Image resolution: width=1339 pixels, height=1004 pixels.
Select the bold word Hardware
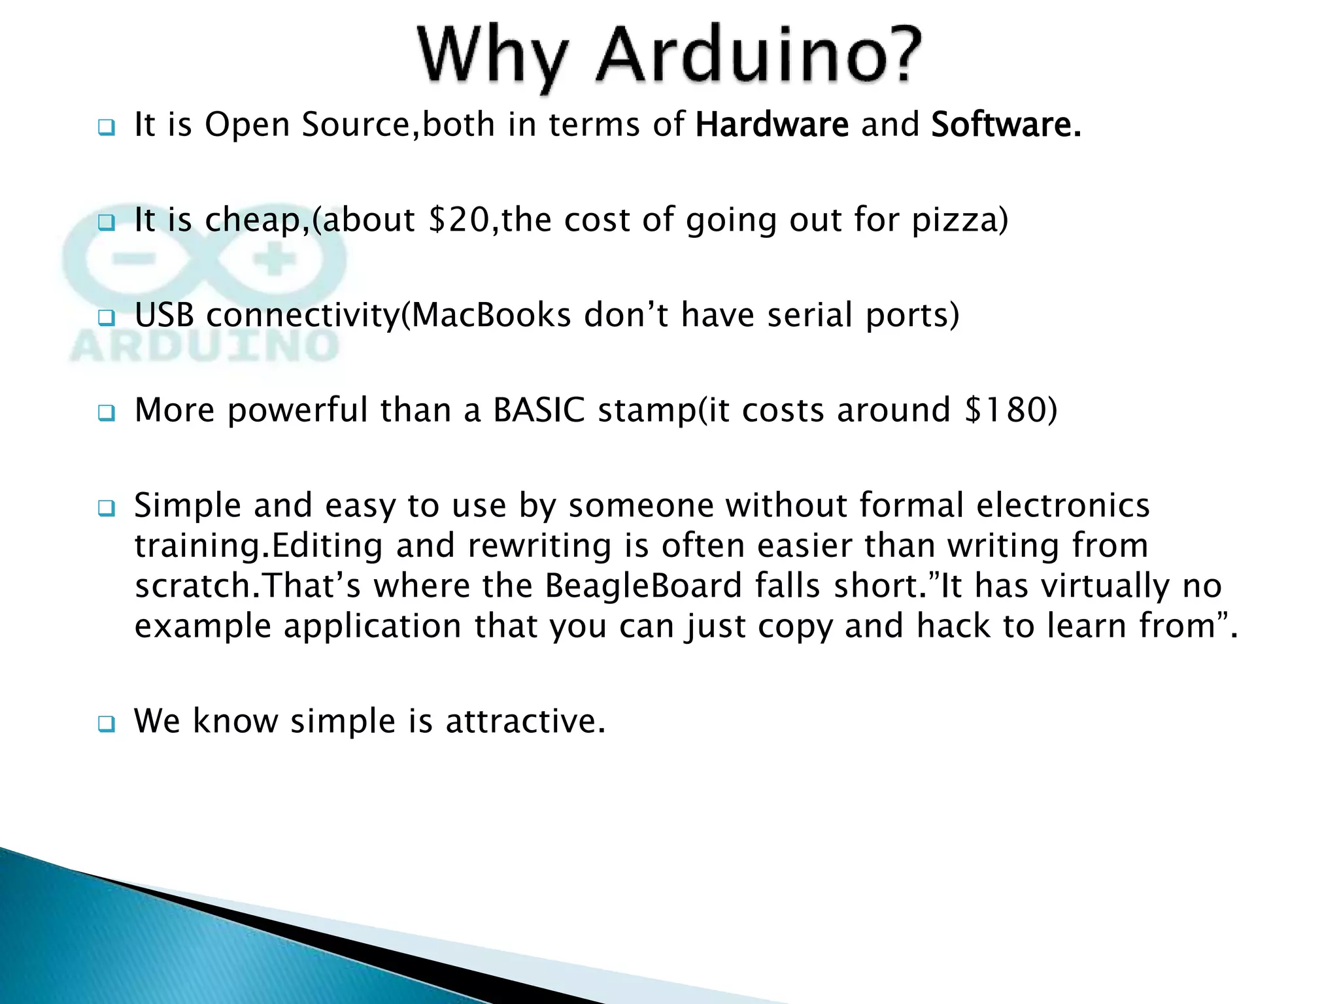pos(771,124)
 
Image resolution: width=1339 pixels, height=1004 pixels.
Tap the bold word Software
pos(1006,124)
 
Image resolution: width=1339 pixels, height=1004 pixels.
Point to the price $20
pos(458,220)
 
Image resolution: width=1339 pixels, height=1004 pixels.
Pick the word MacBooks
pos(492,315)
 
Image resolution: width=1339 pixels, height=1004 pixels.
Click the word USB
pos(164,315)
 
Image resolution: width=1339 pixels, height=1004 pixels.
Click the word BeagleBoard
pos(643,586)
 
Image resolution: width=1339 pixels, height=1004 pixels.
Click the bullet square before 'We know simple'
pos(106,724)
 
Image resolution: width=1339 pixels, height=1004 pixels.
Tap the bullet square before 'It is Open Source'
pos(106,127)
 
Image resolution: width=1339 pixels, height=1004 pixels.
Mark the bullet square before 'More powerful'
pos(106,413)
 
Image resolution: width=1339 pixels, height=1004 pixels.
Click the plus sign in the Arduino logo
pos(275,261)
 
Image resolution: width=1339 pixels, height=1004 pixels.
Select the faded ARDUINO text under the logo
pos(204,346)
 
